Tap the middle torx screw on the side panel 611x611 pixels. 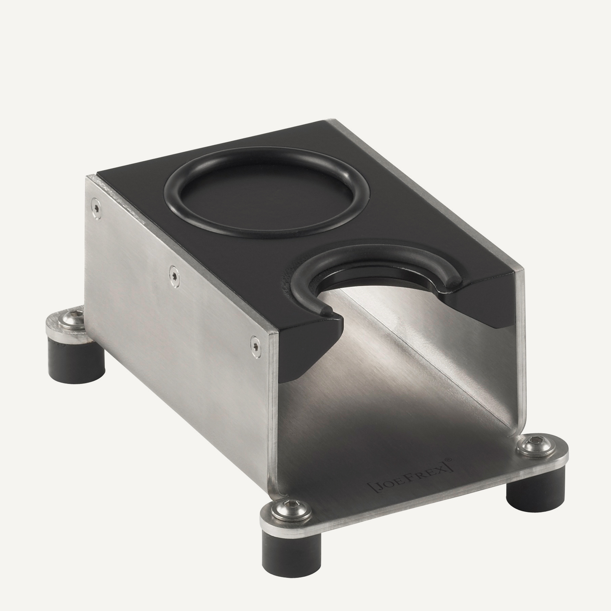(174, 276)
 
